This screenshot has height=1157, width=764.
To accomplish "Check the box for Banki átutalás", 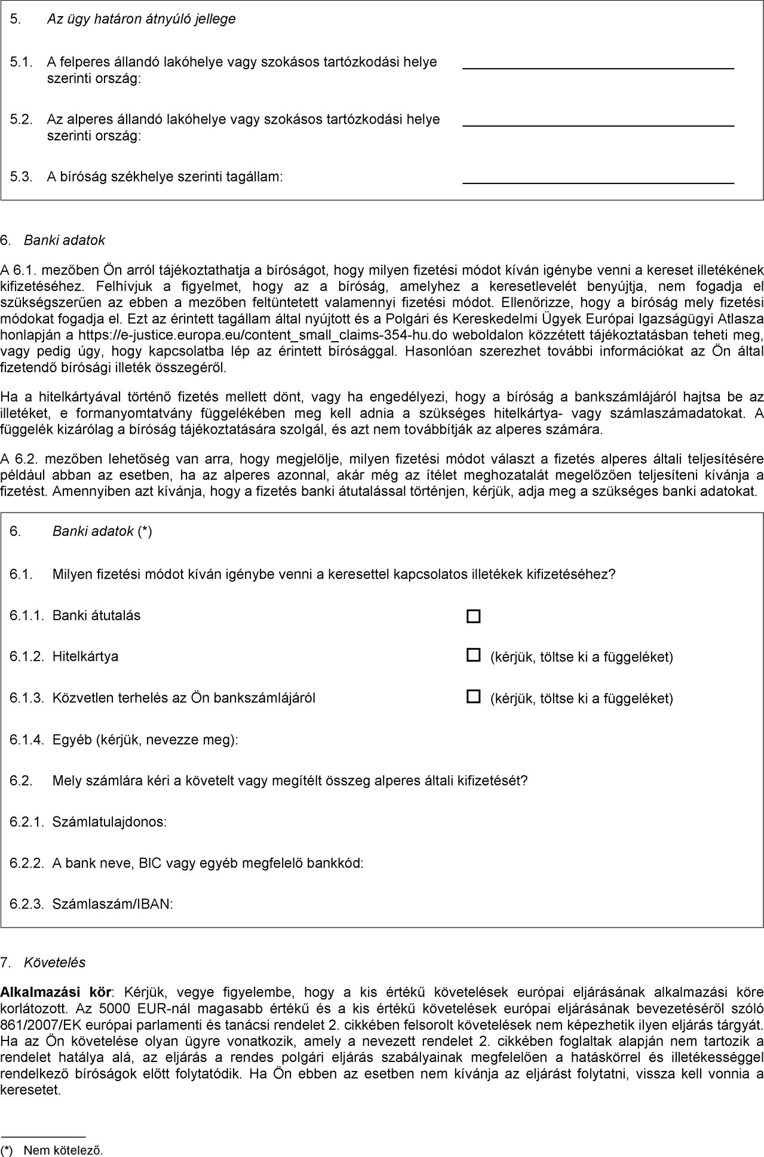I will click(x=473, y=616).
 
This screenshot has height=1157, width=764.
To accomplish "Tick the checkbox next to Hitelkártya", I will click(x=473, y=656).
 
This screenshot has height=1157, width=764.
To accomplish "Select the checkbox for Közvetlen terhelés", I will click(x=473, y=696).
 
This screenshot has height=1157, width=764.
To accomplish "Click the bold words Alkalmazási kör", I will click(x=56, y=993).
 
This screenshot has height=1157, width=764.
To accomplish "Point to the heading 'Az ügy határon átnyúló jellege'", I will click(x=141, y=19).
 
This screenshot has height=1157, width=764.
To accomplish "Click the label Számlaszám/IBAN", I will click(x=113, y=904).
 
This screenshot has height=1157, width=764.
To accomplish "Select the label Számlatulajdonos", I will click(x=109, y=822).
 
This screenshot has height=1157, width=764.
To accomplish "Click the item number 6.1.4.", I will click(x=27, y=740).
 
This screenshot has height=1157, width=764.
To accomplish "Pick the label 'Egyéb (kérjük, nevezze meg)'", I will click(x=145, y=740).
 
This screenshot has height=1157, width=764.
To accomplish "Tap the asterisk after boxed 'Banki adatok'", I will click(x=145, y=532).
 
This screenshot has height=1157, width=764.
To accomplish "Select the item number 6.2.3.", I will click(x=27, y=904).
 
